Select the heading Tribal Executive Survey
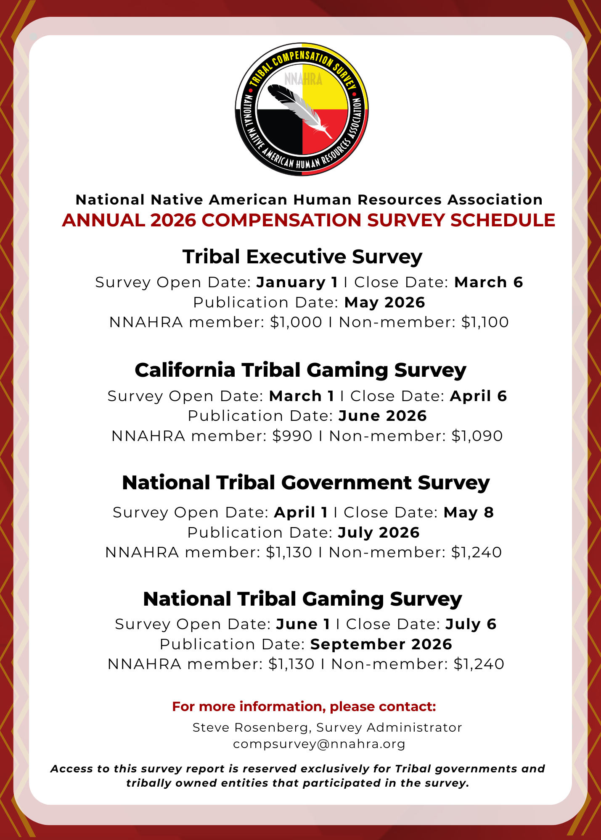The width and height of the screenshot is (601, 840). (x=302, y=257)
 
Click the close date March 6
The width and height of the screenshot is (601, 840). (x=488, y=282)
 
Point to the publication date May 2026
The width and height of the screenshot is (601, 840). (x=384, y=302)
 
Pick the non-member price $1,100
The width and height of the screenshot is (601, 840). (x=485, y=322)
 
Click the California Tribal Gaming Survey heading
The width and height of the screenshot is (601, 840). (x=300, y=370)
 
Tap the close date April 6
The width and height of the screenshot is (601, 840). (x=478, y=396)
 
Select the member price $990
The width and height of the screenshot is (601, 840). (x=292, y=436)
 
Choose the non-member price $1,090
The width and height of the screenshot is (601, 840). (x=477, y=436)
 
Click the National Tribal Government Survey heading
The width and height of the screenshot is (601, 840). (x=306, y=483)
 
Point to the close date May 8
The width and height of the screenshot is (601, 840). (x=469, y=512)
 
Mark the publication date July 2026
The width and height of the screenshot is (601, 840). (x=379, y=533)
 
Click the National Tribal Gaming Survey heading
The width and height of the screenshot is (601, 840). (x=302, y=599)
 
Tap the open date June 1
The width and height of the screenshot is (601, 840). (x=303, y=624)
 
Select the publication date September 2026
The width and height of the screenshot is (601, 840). (x=381, y=644)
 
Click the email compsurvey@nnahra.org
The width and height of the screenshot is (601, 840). (x=319, y=744)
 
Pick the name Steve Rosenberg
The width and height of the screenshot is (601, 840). (x=252, y=727)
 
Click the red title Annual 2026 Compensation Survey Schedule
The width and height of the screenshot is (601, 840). (x=308, y=220)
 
